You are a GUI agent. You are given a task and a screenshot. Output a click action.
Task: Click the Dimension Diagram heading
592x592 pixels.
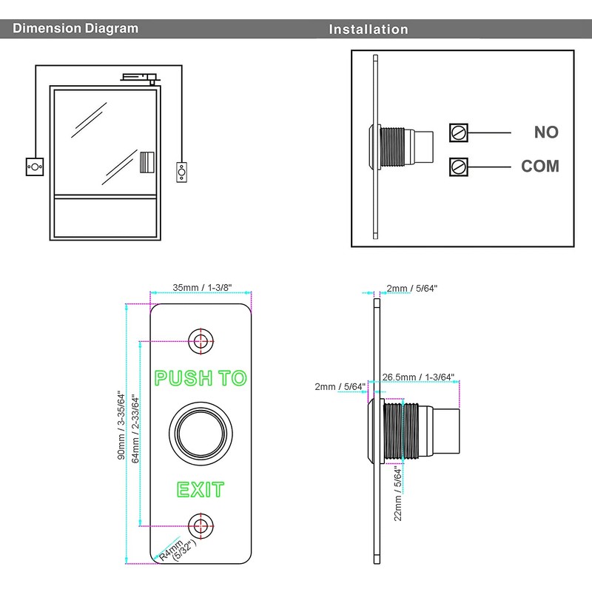pos(76,29)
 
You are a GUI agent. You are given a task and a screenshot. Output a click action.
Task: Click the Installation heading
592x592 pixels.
pos(369,30)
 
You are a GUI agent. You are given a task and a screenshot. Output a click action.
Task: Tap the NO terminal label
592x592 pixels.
pos(546,132)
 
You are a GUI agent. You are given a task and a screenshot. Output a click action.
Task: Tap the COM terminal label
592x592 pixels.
pos(540,166)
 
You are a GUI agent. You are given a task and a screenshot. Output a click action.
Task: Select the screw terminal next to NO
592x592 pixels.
pos(459,132)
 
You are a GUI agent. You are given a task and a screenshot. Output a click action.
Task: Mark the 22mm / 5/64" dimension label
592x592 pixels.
pos(397,494)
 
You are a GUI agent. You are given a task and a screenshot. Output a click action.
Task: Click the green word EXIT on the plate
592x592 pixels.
pos(200,489)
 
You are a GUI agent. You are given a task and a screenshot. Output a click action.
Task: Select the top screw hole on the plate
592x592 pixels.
pos(199,340)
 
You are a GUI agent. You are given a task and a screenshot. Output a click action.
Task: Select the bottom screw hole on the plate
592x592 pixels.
pos(199,525)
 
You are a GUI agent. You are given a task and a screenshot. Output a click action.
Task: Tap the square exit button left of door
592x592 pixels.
pos(34,166)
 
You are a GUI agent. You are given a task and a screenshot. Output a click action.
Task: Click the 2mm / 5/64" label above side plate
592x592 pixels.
pos(412,288)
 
